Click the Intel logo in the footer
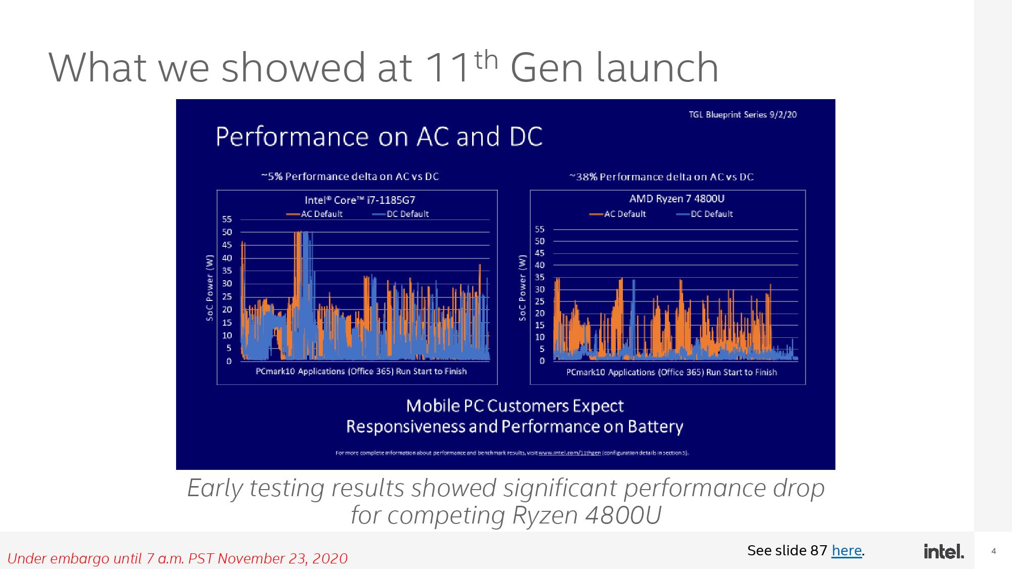944,551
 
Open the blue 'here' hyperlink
846,550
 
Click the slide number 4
993,551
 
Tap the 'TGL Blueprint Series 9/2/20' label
742,115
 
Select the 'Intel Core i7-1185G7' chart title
360,200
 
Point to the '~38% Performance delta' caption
661,177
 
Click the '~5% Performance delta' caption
350,177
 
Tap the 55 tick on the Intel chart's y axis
227,220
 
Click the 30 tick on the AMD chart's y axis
540,289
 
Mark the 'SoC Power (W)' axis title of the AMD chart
522,287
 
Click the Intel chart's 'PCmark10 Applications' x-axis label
361,371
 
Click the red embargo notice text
177,558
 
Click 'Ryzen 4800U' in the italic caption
587,515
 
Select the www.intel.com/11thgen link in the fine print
569,453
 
